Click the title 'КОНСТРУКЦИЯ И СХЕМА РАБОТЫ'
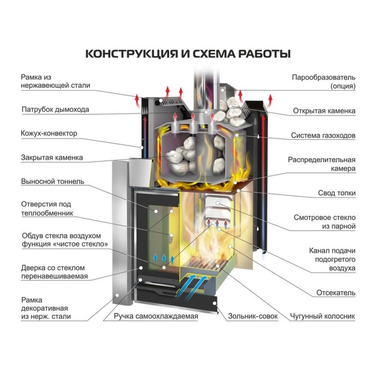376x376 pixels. point(188,53)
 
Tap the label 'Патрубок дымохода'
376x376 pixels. point(55,110)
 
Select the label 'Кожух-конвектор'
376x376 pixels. point(49,133)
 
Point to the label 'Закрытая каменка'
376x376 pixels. point(52,158)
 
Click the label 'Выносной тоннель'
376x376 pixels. point(52,182)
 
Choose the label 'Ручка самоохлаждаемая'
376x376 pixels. point(156,316)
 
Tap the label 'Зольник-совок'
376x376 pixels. point(253,316)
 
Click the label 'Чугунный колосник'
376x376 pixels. point(322,316)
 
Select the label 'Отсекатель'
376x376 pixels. point(336,293)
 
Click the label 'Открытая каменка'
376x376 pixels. point(324,111)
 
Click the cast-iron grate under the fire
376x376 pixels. point(205,263)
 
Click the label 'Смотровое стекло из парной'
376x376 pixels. point(324,222)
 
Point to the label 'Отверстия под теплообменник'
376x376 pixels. point(47,209)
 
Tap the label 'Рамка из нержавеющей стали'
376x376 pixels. point(55,81)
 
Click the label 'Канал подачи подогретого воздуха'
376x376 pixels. point(332,259)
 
